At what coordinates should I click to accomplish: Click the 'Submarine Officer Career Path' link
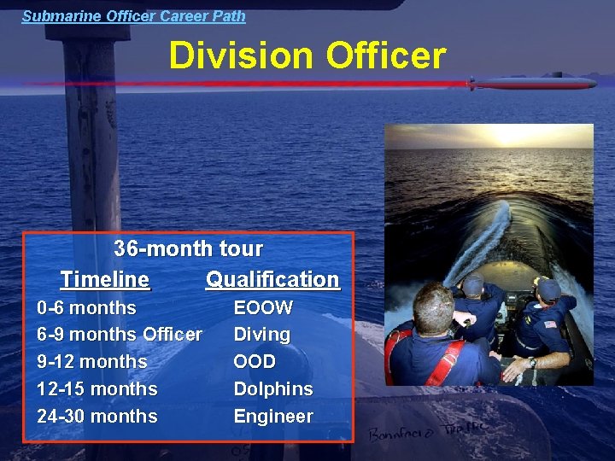tap(133, 15)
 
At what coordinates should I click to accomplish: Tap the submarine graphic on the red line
tap(531, 84)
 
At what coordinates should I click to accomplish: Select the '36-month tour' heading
tap(188, 249)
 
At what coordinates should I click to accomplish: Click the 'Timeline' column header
tap(105, 279)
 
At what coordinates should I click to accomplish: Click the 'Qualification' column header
tap(272, 279)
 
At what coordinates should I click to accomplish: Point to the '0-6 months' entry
tap(86, 307)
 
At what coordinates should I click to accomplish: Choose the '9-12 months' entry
tap(91, 362)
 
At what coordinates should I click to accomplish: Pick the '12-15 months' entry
tap(97, 389)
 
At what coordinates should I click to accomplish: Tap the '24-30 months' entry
tap(97, 417)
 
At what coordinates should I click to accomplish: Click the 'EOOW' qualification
tap(263, 307)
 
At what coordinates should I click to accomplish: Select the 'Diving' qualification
tap(261, 335)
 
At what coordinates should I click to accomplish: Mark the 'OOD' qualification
tap(255, 362)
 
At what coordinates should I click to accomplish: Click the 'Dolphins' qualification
tap(273, 389)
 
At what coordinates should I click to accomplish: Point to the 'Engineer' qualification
tap(273, 417)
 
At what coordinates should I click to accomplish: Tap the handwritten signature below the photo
tap(426, 432)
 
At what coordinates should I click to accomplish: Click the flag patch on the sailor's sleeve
tap(550, 325)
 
